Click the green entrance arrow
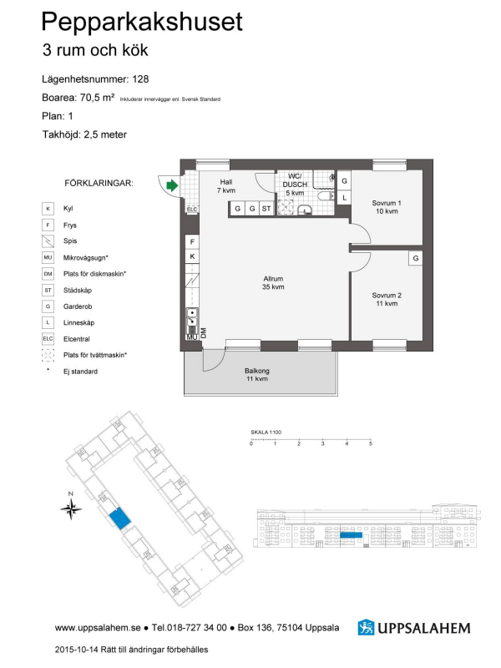click(172, 185)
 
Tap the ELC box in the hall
click(192, 210)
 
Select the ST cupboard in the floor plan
click(266, 209)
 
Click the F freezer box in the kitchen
click(192, 242)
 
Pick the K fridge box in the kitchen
click(192, 256)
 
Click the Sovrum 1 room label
click(387, 207)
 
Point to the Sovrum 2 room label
click(387, 299)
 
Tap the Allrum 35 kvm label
click(273, 283)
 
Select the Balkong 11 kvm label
click(257, 374)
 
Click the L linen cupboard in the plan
click(344, 198)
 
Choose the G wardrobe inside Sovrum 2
click(415, 258)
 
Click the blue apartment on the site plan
click(119, 518)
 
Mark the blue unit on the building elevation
click(351, 535)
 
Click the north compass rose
click(71, 508)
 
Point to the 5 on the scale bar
click(371, 443)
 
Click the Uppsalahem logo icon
click(366, 628)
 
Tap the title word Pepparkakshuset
click(142, 23)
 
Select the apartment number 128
click(140, 78)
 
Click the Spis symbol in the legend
click(48, 241)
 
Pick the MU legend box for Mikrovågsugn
click(48, 258)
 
